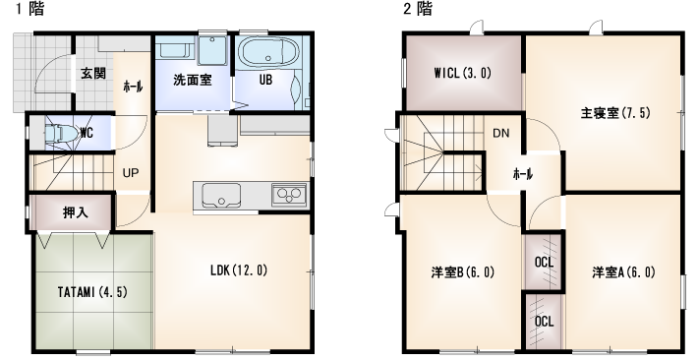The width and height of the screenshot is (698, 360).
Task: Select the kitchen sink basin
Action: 221,195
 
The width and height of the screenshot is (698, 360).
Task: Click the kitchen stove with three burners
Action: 289,194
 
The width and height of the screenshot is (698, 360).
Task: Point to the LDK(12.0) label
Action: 239,270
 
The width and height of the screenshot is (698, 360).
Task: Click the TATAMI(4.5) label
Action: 92,292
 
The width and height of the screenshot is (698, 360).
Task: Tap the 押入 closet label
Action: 76,213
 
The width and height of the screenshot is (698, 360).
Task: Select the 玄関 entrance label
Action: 93,74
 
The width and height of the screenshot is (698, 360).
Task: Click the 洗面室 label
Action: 193,81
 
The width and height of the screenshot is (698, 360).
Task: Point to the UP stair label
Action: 131,173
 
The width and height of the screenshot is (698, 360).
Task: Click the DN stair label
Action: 500,133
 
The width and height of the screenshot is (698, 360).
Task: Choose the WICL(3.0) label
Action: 462,73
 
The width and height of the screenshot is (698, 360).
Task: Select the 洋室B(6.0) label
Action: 462,271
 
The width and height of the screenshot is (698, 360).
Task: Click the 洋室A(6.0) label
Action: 623,271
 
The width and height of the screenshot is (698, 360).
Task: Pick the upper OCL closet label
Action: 544,263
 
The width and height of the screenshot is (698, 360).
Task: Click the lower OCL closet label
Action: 544,322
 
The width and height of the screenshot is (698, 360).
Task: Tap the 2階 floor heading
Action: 418,9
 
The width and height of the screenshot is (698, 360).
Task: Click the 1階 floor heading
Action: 30,9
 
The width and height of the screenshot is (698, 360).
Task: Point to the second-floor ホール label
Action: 523,175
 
